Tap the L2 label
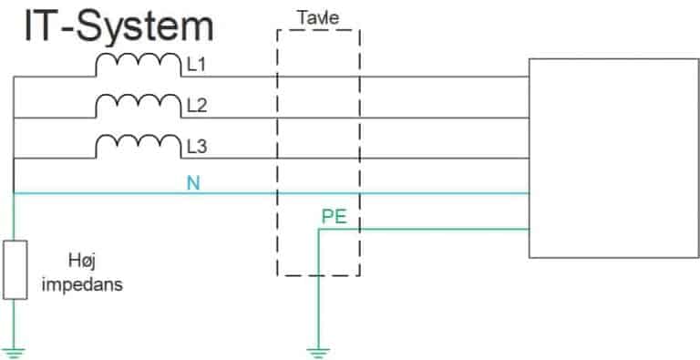[196, 106]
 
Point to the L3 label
[196, 146]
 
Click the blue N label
[192, 182]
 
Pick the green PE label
[335, 217]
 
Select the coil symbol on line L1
[139, 65]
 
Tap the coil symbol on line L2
[139, 106]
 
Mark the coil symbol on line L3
[139, 146]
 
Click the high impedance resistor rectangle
[15, 269]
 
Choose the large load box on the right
[612, 157]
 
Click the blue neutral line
[410, 193]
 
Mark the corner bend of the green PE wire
[317, 229]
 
